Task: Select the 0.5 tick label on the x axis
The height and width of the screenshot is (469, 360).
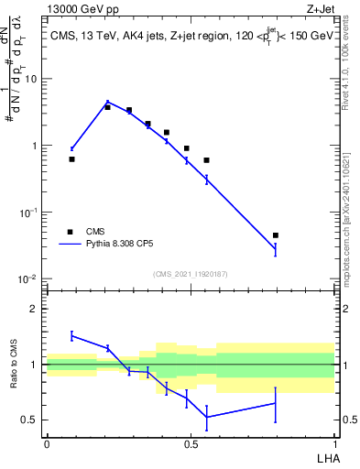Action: coord(191,443)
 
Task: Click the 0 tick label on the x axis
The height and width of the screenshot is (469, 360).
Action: coord(47,443)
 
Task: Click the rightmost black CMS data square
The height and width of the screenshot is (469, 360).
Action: coord(275,235)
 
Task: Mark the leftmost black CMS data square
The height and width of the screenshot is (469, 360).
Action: coord(71,159)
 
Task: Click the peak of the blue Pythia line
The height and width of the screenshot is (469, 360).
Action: coord(107,102)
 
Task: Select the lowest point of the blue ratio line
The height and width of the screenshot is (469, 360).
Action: coord(207,417)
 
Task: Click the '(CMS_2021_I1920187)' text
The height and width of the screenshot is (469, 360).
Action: coord(190,275)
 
